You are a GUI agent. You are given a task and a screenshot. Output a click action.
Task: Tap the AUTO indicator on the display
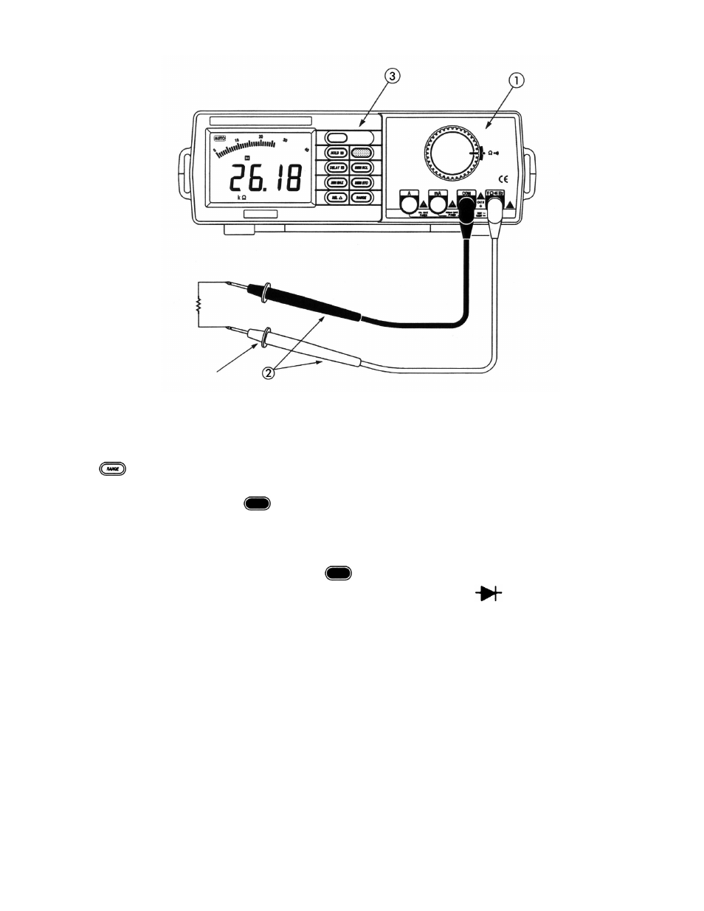(220, 138)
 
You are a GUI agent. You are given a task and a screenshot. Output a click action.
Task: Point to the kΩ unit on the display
(241, 198)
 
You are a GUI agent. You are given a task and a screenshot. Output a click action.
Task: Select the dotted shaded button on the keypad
(362, 153)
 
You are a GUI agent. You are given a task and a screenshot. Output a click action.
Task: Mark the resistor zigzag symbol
(198, 305)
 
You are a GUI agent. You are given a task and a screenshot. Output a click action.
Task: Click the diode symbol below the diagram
(489, 592)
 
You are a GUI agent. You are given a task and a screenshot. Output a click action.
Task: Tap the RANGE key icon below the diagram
(113, 468)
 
